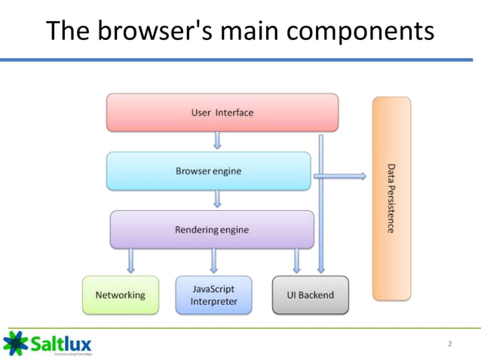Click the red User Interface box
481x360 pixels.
[x=222, y=112]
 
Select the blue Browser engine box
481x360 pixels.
[x=208, y=171]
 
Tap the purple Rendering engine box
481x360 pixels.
[x=212, y=229]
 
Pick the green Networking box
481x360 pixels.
[x=121, y=294]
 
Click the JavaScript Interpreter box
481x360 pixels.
[x=213, y=294]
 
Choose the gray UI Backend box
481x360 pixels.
[x=310, y=294]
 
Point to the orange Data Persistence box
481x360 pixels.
[x=391, y=198]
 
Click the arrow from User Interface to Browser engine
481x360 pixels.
[x=217, y=141]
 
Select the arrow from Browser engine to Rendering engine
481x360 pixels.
[x=217, y=199]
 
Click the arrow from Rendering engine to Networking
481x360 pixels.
[x=132, y=261]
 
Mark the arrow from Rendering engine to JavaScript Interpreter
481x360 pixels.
[x=214, y=261]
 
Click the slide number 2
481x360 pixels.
[x=450, y=343]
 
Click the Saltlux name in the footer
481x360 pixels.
[x=61, y=343]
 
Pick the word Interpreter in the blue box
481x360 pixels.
[x=213, y=301]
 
